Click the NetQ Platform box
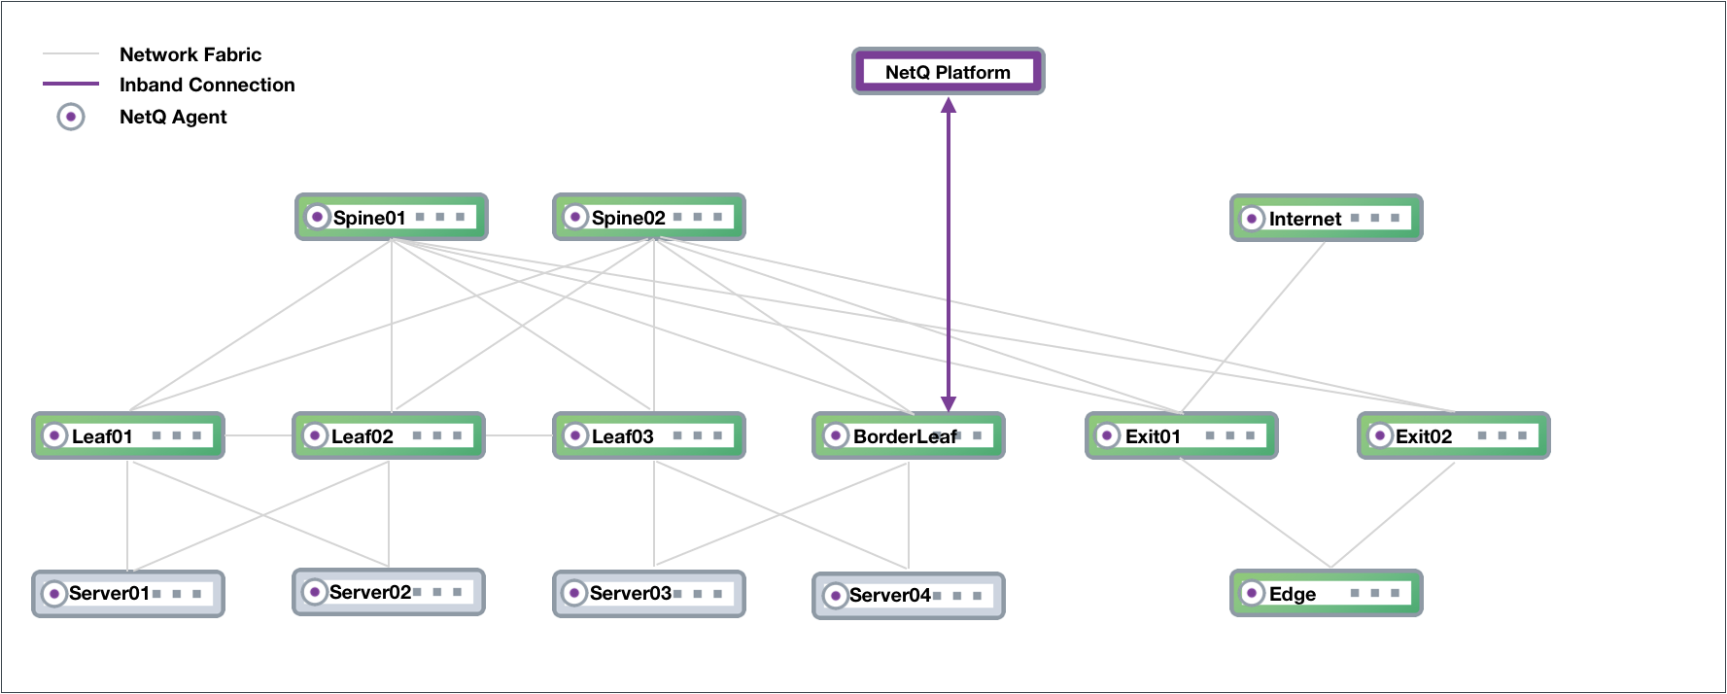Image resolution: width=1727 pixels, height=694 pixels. point(948,72)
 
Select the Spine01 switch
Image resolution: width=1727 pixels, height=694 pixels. point(391,217)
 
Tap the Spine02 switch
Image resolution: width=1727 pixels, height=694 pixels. point(648,217)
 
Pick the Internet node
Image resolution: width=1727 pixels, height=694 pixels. point(1326,219)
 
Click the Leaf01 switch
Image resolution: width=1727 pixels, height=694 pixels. point(128,435)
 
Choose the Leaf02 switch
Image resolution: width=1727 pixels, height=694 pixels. point(388,435)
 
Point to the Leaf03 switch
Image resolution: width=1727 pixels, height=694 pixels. point(648,435)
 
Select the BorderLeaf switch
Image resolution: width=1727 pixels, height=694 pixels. point(908,435)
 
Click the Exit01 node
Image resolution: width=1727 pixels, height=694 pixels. point(1181,435)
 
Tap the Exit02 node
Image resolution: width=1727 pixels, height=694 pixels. point(1453,435)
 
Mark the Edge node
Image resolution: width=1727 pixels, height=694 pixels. point(1326,593)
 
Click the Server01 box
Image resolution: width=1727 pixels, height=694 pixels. point(128,593)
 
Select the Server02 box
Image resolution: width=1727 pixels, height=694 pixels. point(388,592)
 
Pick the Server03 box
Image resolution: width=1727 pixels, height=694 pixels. point(648,593)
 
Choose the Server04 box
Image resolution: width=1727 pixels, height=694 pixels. point(908,595)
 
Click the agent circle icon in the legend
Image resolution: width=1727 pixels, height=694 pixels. point(71,118)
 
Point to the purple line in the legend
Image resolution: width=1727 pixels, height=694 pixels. point(71,84)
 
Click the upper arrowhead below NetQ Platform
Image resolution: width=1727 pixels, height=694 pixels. point(949,105)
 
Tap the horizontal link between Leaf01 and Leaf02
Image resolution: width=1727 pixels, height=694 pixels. point(259,435)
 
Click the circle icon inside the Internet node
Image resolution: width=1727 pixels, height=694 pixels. point(1253,219)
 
